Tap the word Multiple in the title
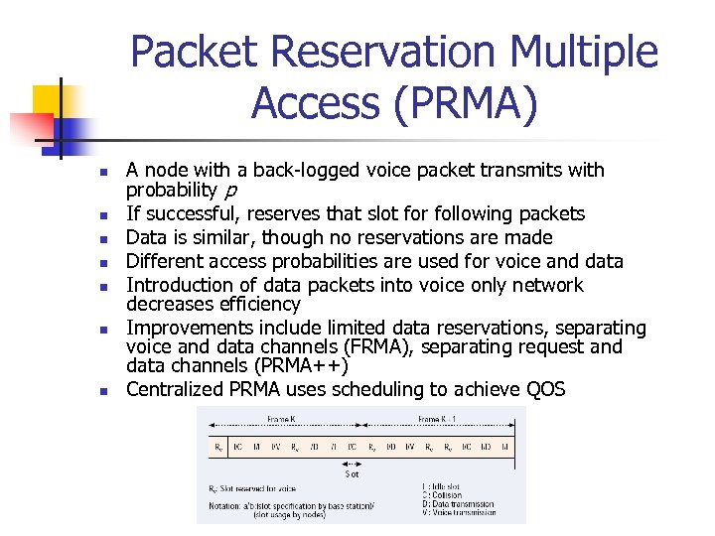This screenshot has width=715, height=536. (581, 53)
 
